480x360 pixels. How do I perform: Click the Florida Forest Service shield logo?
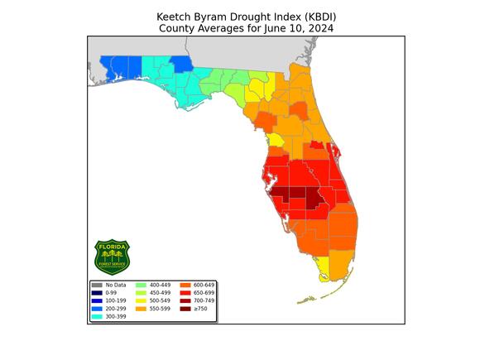tap(113, 257)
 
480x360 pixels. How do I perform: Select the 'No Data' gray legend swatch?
tap(96, 285)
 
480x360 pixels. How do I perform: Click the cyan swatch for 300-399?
tap(96, 316)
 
